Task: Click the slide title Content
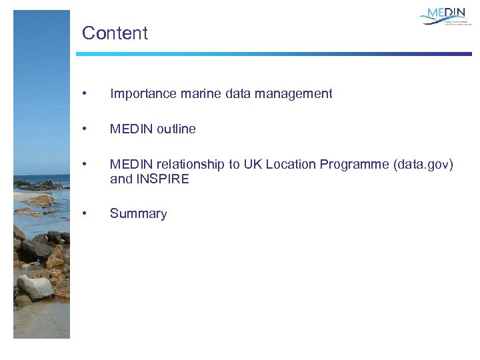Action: [115, 33]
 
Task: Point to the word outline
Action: [176, 129]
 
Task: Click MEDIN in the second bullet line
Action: [131, 129]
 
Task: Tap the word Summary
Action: [138, 214]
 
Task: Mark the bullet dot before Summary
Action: [83, 214]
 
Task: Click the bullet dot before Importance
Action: [83, 94]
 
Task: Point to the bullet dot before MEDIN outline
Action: [83, 129]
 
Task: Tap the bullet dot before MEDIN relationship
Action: [83, 165]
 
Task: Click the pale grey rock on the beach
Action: [35, 287]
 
